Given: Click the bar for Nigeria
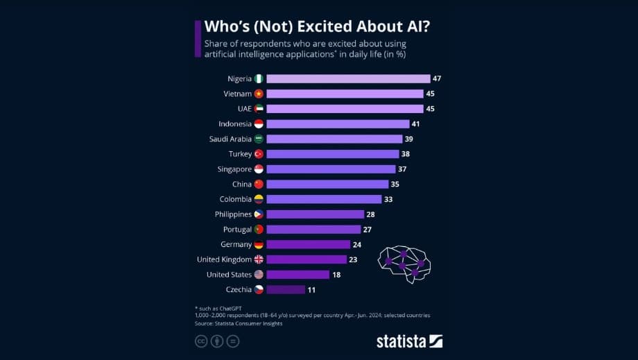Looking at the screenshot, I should pyautogui.click(x=348, y=78).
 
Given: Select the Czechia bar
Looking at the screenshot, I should pyautogui.click(x=285, y=289).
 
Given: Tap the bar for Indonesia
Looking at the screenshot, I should pyautogui.click(x=338, y=123).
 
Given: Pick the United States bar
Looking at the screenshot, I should pyautogui.click(x=298, y=275).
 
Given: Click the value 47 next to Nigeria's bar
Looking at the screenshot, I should pyautogui.click(x=437, y=78).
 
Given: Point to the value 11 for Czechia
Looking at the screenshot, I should pyautogui.click(x=311, y=289).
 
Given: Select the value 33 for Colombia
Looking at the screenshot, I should pyautogui.click(x=388, y=199).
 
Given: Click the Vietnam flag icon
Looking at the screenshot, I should pyautogui.click(x=259, y=94).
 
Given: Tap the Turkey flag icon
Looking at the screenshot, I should pyautogui.click(x=259, y=154).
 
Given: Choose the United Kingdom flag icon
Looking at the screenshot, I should pyautogui.click(x=259, y=259).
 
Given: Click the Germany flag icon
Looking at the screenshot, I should pyautogui.click(x=259, y=244).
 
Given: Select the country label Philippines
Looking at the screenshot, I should pyautogui.click(x=233, y=214).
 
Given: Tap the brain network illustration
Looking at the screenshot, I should pyautogui.click(x=404, y=264).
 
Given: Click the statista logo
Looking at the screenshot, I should pyautogui.click(x=409, y=341).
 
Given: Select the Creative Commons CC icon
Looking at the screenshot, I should pyautogui.click(x=201, y=341).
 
